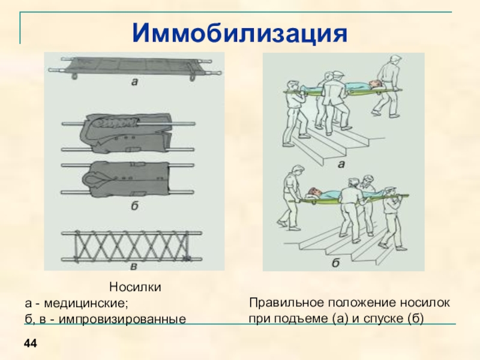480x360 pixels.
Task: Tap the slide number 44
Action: click(31, 343)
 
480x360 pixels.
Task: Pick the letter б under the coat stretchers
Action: click(134, 206)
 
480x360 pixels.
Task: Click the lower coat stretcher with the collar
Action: click(130, 178)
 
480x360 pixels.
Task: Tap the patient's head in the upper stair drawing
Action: click(374, 84)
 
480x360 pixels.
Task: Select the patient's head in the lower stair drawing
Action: click(310, 193)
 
